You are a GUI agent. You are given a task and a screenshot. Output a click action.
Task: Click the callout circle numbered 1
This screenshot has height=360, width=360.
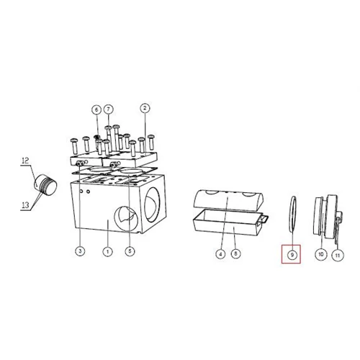point(107,252)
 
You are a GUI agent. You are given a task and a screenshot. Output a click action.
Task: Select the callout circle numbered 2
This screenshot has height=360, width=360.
point(145,108)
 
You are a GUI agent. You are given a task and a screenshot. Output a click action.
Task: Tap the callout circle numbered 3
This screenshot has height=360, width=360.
point(80,251)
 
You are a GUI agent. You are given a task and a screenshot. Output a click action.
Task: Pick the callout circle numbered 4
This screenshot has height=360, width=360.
point(220,253)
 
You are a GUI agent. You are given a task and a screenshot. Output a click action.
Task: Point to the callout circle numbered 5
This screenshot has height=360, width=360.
point(130,251)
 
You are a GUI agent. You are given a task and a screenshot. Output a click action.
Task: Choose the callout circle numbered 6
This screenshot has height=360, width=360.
point(96,110)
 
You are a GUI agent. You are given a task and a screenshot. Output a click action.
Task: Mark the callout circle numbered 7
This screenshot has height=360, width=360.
point(109,109)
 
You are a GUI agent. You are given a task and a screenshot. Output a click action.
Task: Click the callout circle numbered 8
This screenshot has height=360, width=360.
point(235,253)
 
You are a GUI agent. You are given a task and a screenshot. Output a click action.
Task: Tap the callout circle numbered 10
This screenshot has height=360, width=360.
point(321,254)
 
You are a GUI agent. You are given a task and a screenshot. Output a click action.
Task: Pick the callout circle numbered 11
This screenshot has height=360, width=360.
point(338,255)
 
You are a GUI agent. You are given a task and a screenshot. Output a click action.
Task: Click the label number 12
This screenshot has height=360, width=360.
point(25,161)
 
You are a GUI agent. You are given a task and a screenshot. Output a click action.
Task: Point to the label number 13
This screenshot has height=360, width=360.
point(25,205)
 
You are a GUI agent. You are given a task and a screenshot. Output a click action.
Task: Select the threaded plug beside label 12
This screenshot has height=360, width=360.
point(45,184)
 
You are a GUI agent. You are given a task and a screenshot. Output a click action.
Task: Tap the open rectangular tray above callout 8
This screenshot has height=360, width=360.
point(230,222)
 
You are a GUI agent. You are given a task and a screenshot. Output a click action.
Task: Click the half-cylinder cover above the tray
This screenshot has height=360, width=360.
point(228,199)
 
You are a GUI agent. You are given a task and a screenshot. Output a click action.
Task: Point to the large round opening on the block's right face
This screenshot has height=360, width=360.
point(152,204)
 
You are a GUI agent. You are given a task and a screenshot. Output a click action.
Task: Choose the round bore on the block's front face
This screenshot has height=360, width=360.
point(126,217)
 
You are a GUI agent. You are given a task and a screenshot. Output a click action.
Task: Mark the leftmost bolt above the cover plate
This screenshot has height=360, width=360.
point(74,145)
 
